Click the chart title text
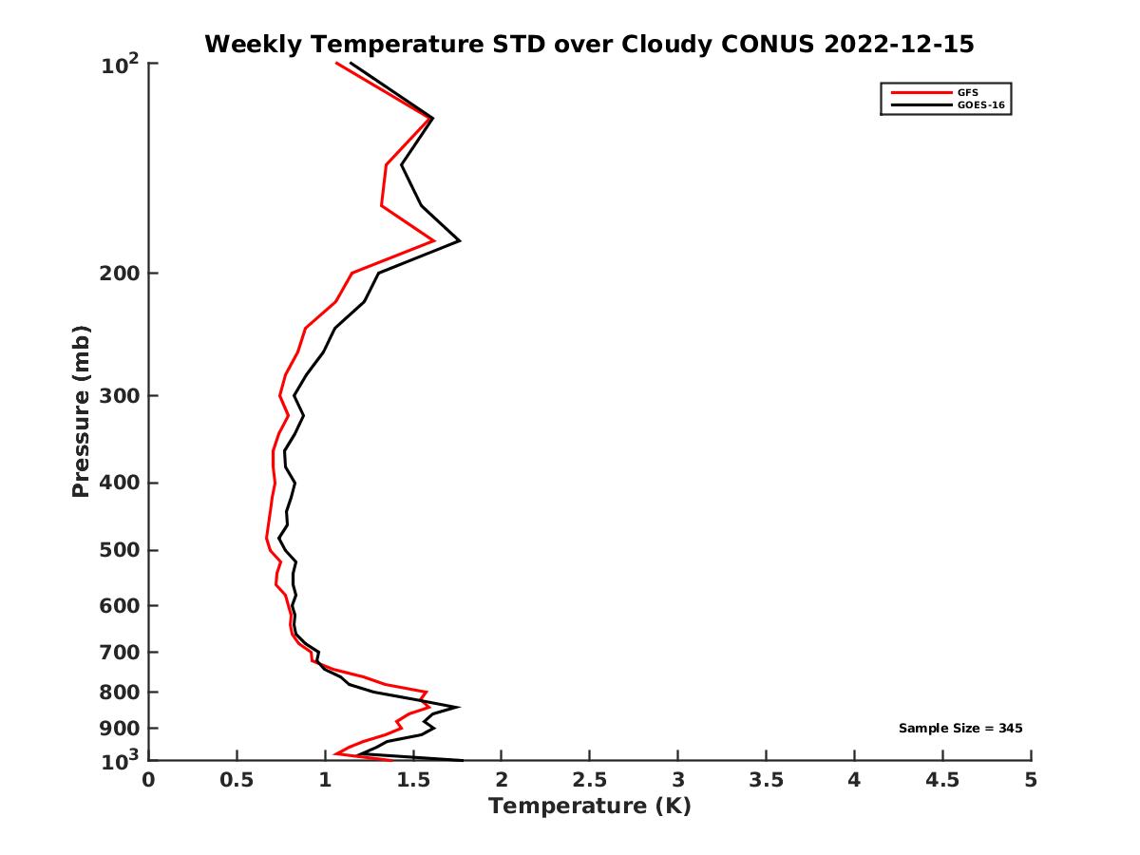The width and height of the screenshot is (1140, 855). click(589, 44)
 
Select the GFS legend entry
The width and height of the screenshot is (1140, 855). click(969, 92)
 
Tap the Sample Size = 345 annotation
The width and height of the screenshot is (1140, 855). click(959, 729)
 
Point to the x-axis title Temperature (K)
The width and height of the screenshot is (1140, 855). click(589, 807)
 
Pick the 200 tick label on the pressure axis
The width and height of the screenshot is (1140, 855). click(119, 274)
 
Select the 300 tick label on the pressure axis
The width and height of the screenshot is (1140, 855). click(119, 395)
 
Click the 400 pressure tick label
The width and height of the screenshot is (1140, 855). click(119, 483)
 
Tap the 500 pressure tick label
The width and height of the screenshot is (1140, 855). click(119, 550)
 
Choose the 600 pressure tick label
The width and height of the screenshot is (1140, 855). click(119, 605)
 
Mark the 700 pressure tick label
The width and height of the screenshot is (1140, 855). click(119, 652)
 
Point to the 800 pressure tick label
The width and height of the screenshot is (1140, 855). click(119, 692)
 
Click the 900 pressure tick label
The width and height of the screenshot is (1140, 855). click(119, 728)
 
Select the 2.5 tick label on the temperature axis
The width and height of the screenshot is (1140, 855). click(589, 781)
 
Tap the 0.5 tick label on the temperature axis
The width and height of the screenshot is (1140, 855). click(237, 781)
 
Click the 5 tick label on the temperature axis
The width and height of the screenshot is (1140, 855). click(1031, 781)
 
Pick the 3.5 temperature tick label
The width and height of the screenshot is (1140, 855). click(766, 781)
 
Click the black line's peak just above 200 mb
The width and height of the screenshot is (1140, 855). click(460, 241)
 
